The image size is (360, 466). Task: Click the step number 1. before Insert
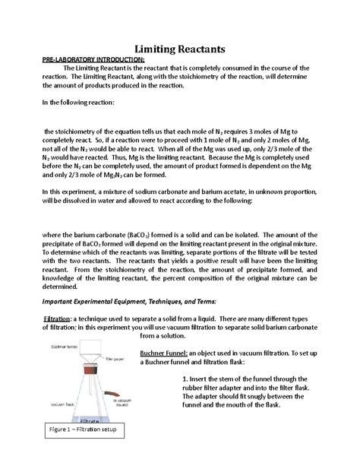click(188, 380)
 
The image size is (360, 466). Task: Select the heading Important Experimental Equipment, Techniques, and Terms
click(134, 302)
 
